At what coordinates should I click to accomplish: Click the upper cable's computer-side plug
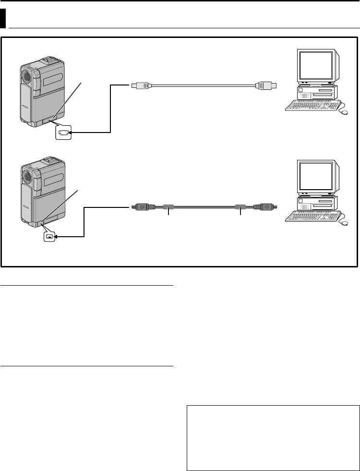265,86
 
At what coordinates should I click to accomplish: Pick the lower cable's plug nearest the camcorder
143,207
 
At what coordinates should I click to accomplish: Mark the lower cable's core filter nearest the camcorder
168,207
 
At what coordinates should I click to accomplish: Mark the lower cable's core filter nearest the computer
240,207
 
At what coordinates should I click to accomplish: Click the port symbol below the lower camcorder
49,236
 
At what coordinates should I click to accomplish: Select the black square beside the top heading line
3,20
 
